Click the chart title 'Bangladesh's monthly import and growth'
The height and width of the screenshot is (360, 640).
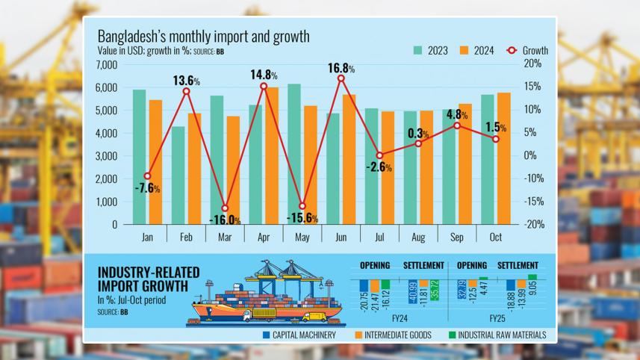coord(203,37)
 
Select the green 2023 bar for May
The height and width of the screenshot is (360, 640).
coord(294,154)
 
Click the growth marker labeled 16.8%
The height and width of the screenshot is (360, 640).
coord(341,78)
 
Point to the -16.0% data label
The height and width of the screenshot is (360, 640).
coord(225,220)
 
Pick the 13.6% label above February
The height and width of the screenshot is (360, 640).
coord(187,81)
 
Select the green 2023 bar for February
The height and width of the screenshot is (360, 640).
coord(178,175)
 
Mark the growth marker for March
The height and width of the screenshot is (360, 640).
coord(225,208)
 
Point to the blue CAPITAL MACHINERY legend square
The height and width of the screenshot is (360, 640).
coord(266,335)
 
